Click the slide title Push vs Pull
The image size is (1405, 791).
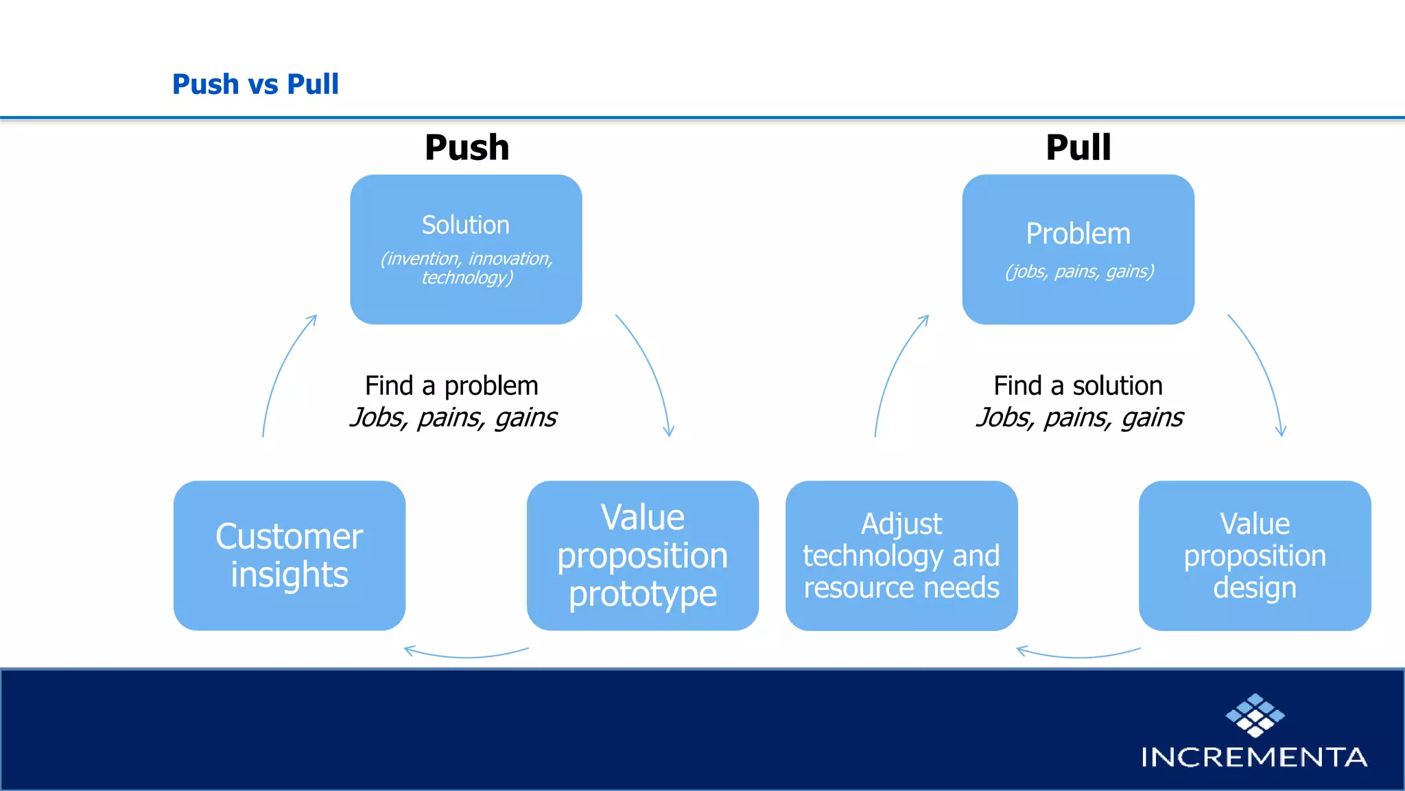pos(255,84)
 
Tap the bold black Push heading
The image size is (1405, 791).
pos(467,148)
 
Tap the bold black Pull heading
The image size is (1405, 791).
pos(1078,148)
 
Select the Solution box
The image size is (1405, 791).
pos(466,249)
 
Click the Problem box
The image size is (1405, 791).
pos(1078,249)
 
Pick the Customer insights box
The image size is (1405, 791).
pos(289,555)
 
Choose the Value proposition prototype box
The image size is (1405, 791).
pos(642,555)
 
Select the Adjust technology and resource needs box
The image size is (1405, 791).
pos(901,555)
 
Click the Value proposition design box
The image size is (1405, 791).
pos(1254,555)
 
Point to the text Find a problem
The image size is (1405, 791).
pos(451,386)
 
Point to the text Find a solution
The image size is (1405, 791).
pos(1078,386)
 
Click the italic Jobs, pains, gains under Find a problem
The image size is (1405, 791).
pos(453,417)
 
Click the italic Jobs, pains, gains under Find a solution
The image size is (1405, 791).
pos(1079,417)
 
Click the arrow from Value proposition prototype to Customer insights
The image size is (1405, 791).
pos(467,655)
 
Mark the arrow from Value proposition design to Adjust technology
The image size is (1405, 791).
pos(1078,655)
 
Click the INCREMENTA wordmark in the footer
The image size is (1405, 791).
pos(1254,757)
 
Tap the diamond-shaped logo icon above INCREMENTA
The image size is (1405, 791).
pos(1255,715)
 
